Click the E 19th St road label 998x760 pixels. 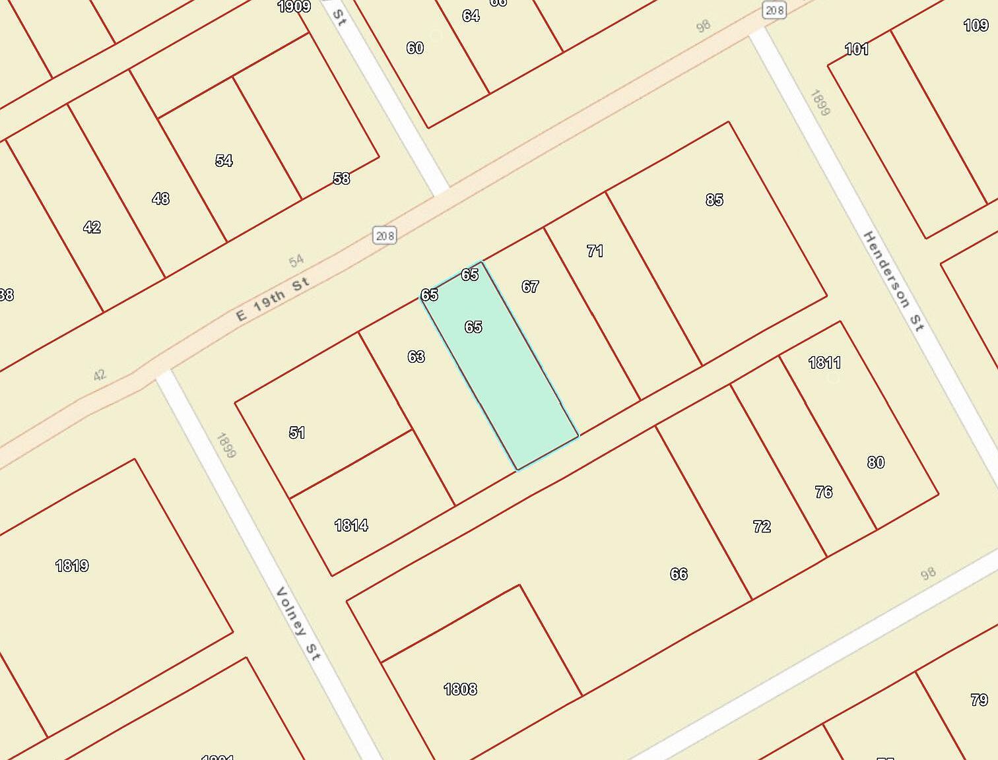coord(273,300)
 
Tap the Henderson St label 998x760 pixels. coord(893,280)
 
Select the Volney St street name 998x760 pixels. coord(297,623)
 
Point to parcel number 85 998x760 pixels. coord(714,199)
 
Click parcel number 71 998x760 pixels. coord(595,251)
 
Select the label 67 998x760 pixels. coord(530,286)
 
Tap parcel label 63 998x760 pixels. coord(416,356)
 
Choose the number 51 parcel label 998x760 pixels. coord(297,432)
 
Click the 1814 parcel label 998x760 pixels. coord(351,525)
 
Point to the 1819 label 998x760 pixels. coord(72,565)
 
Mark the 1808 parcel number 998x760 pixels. coord(460,689)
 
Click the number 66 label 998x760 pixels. coord(679,574)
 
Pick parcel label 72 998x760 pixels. coord(762,526)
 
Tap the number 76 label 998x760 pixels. coord(823,491)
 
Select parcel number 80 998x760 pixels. coord(875,462)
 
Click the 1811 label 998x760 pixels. coord(824,362)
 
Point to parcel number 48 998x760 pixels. coord(160,199)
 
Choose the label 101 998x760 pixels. coord(856,49)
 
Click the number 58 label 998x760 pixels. coord(341,178)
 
